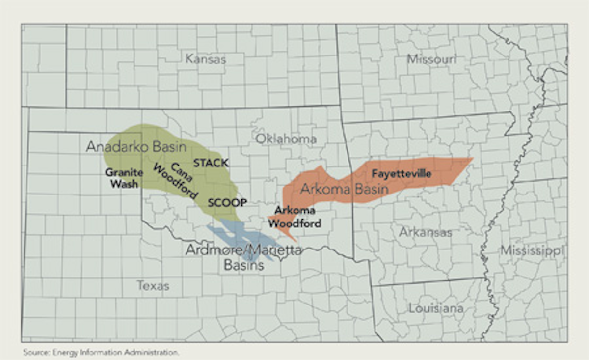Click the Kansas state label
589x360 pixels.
coord(206,59)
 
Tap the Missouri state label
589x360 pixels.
coord(431,59)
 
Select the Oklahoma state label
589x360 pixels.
coord(286,139)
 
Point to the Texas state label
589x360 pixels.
coord(153,285)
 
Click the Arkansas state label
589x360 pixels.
coord(425,232)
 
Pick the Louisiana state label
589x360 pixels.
coord(436,308)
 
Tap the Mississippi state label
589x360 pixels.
coord(532,251)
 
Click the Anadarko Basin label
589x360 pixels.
coord(136,146)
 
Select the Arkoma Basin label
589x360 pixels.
coord(344,189)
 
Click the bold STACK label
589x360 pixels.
coord(211,163)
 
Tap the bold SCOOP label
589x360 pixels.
coord(227,202)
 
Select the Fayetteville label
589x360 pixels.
coord(401,173)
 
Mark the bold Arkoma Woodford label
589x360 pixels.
coord(297,217)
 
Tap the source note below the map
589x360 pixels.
coord(101,352)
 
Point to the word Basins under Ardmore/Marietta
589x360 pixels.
coord(243,265)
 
